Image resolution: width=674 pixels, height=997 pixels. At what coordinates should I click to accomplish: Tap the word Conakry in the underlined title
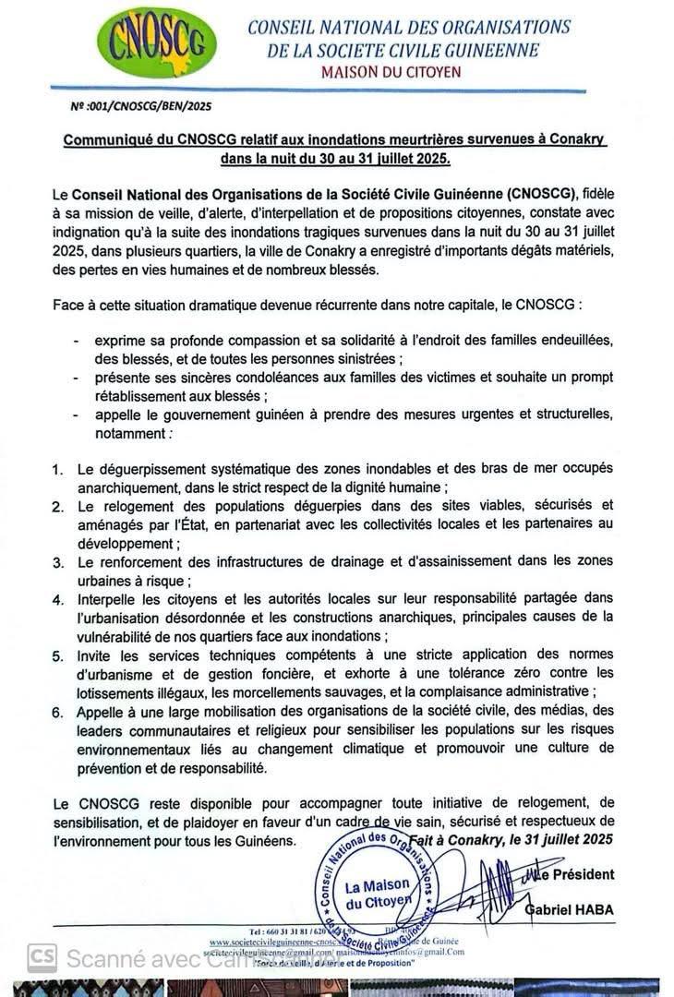[573, 139]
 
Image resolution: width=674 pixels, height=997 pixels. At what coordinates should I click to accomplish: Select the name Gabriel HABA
[569, 909]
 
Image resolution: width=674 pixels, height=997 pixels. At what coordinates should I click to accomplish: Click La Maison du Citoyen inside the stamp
[378, 893]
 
